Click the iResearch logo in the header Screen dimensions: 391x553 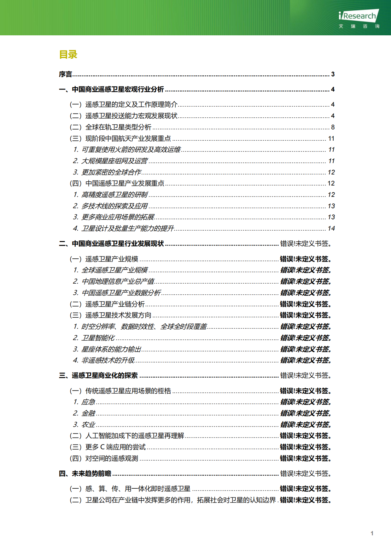click(359, 19)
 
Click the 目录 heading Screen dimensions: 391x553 click(68, 55)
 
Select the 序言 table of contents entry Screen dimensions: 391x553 click(66, 74)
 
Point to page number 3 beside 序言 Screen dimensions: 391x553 click(333, 74)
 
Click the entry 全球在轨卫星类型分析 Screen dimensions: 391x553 click(118, 127)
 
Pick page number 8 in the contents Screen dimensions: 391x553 click(333, 127)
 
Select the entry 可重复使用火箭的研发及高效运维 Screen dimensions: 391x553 click(131, 150)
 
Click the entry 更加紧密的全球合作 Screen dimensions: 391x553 click(111, 173)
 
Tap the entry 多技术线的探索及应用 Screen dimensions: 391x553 click(114, 206)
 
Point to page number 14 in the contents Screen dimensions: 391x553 click(331, 229)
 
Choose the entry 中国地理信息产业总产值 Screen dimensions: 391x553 click(118, 282)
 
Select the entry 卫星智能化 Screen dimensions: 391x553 click(98, 338)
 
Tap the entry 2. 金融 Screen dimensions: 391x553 click(88, 414)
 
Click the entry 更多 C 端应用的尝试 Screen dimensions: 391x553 click(115, 447)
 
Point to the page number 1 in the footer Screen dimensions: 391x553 click(372, 533)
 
